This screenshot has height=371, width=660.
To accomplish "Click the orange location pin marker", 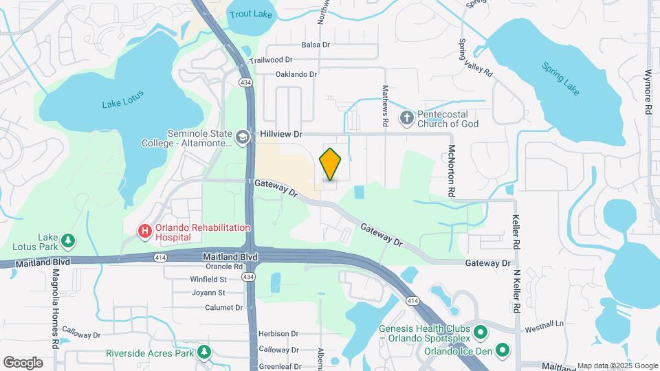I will [331, 164].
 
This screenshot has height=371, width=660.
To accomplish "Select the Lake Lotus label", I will [122, 104].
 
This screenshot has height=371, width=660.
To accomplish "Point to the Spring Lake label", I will [560, 78].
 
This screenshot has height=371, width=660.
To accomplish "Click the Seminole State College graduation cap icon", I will [242, 137].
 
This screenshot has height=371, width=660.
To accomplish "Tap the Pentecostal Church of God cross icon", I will [407, 117].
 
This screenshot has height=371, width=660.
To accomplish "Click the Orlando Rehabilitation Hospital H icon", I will [144, 232].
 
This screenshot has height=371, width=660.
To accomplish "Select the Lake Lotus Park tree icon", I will [67, 240].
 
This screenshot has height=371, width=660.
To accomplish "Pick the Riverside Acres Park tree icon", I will [203, 353].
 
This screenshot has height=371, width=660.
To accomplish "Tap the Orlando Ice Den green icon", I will [503, 350].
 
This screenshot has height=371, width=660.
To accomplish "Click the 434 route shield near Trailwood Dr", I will [245, 82].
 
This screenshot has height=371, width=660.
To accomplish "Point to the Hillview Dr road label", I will [282, 134].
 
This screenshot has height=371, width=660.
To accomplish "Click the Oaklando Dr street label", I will [296, 74].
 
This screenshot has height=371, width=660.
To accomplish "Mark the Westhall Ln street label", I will [544, 323].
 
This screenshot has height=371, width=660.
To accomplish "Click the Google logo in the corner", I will [23, 362].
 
